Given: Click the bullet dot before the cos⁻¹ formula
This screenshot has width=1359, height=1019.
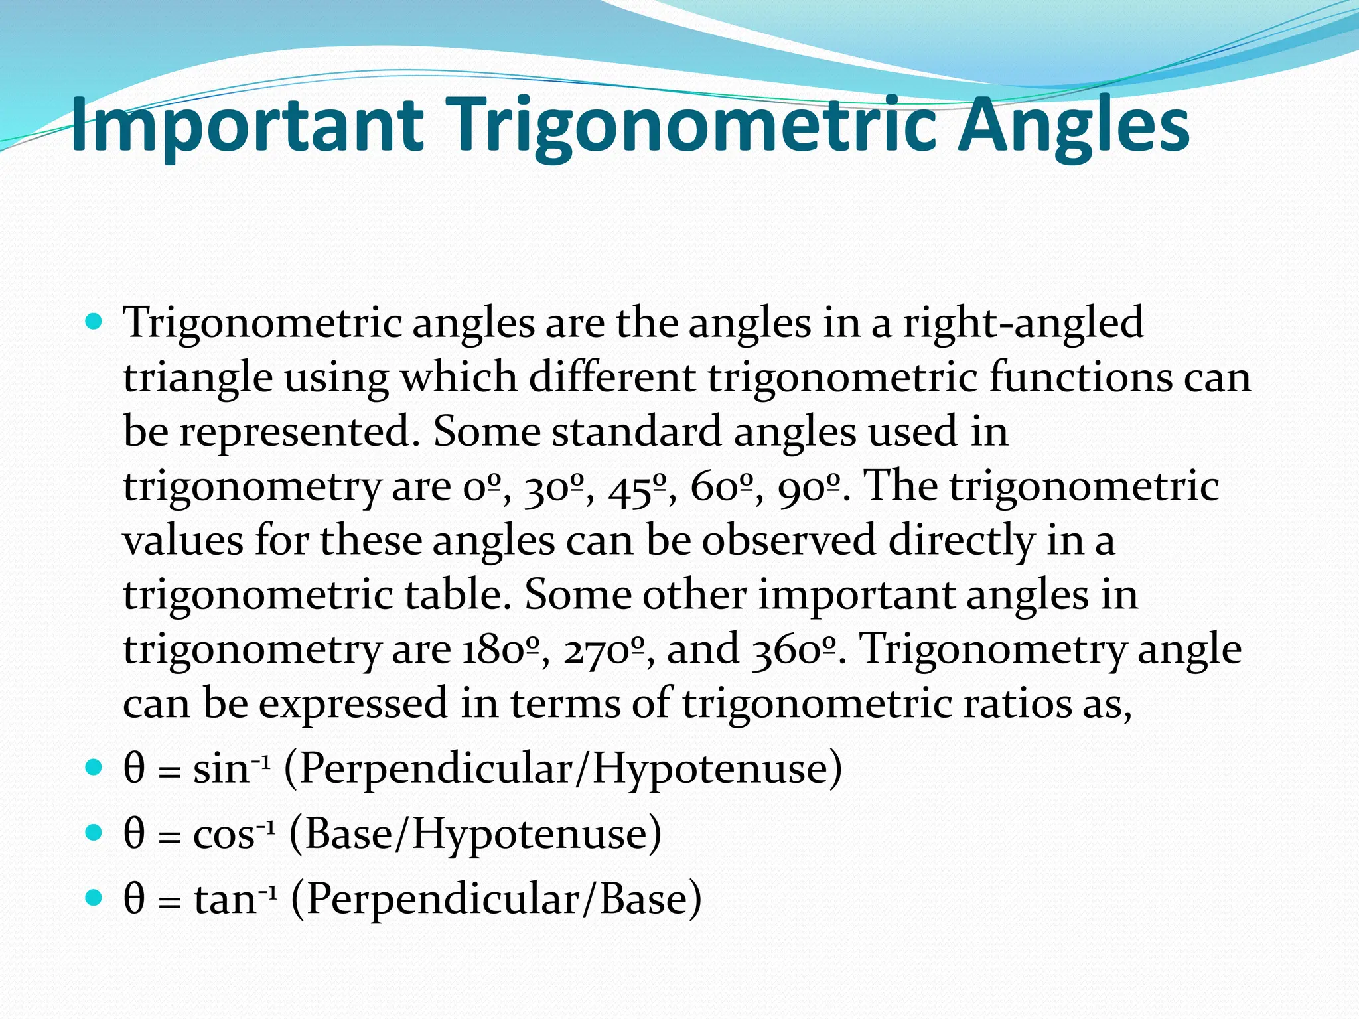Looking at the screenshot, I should (x=94, y=833).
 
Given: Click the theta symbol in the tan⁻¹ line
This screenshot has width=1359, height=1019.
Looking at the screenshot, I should (x=134, y=900).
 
